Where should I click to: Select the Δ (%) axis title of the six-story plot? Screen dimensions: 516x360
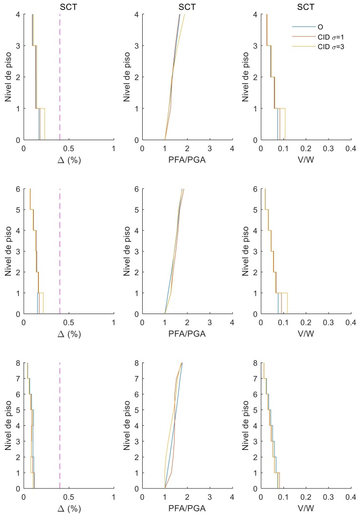coord(69,334)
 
